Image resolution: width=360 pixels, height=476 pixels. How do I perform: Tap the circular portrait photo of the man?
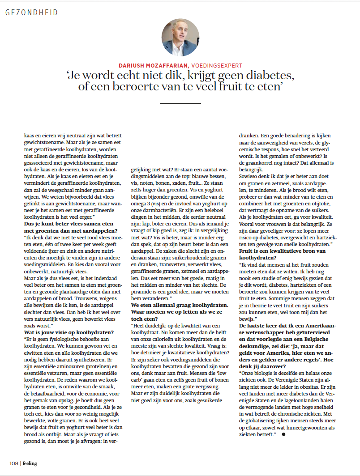pyautogui.click(x=180, y=38)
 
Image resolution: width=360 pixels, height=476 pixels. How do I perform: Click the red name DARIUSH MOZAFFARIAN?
pyautogui.click(x=151, y=65)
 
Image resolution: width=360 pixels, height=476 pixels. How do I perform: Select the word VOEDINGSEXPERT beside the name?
pyautogui.click(x=210, y=65)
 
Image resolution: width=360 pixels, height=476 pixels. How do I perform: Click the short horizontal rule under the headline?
pyautogui.click(x=180, y=103)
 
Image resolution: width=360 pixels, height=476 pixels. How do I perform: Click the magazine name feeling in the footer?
pyautogui.click(x=30, y=463)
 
